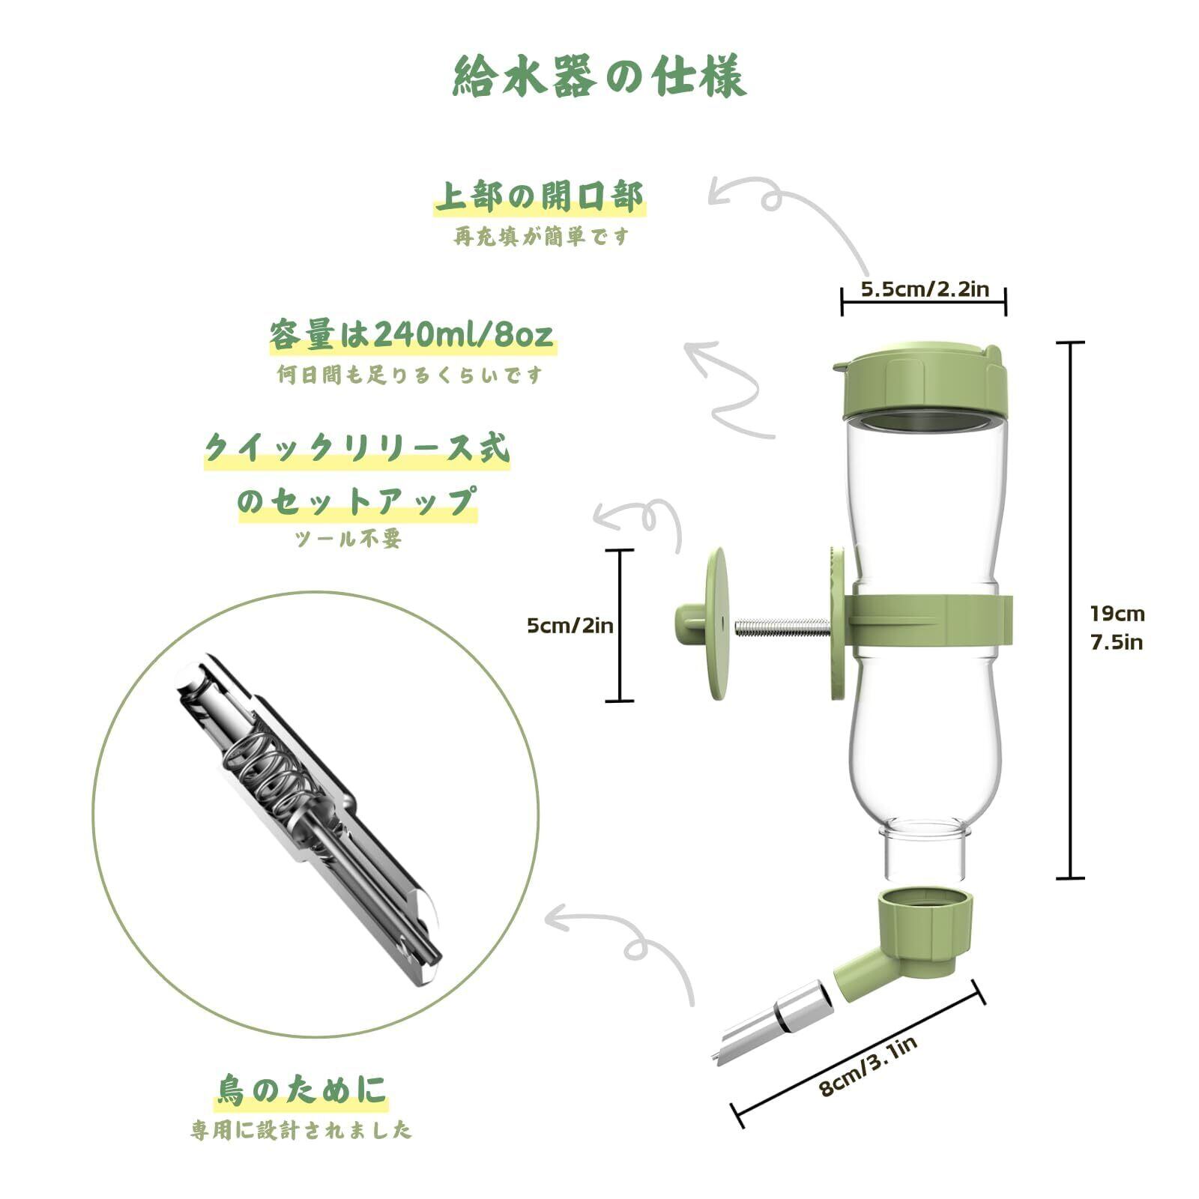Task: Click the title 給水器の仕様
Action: click(599, 76)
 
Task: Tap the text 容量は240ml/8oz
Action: click(412, 334)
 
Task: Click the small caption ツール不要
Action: click(349, 538)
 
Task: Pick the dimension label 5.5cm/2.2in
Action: click(925, 289)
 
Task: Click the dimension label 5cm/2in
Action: click(570, 625)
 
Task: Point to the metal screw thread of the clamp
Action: click(782, 626)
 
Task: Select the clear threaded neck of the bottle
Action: click(925, 854)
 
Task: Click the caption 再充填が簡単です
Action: click(541, 237)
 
